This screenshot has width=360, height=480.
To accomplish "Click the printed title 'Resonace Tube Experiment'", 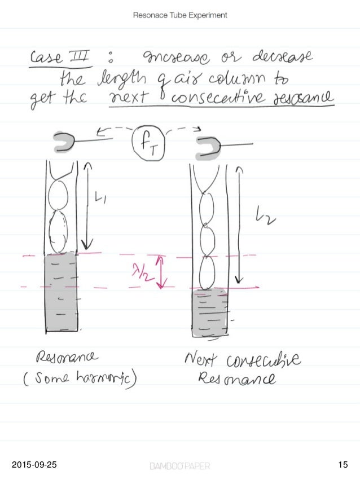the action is click(x=180, y=15).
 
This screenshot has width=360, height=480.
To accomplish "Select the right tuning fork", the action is click(x=209, y=148).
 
